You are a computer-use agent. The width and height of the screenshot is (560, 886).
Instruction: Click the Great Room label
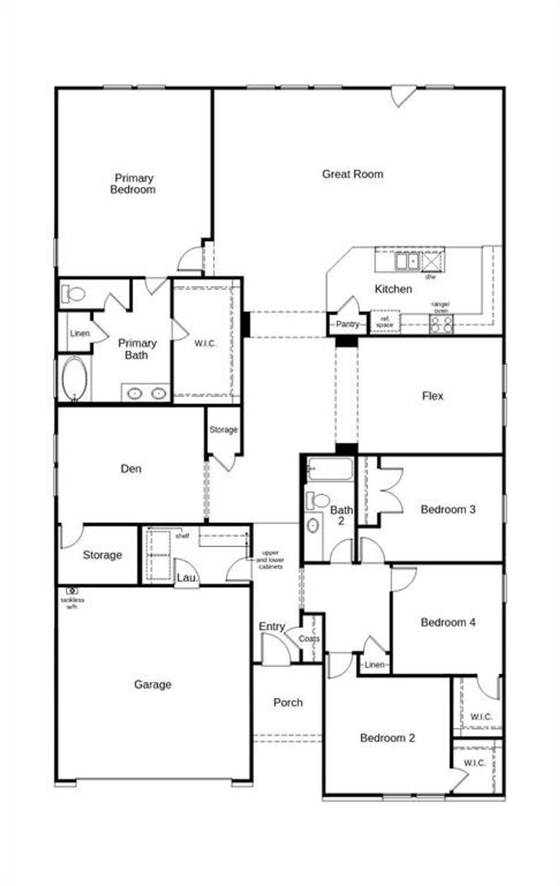click(x=352, y=174)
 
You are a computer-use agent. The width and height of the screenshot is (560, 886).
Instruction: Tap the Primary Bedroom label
click(x=133, y=184)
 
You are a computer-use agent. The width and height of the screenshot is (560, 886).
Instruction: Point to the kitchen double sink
click(x=407, y=261)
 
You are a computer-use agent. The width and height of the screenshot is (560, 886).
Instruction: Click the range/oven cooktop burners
click(x=441, y=325)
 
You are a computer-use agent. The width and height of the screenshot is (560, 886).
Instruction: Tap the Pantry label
click(x=347, y=325)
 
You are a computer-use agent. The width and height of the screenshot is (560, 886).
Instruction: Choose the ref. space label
click(x=385, y=322)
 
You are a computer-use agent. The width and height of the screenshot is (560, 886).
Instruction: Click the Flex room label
click(x=432, y=396)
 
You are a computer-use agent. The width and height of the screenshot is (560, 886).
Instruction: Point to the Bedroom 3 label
click(x=448, y=509)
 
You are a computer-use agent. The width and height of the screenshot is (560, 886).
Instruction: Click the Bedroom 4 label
click(x=448, y=622)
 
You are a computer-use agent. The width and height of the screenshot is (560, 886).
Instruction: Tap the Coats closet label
click(x=309, y=639)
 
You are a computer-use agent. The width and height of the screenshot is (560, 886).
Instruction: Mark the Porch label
click(x=288, y=702)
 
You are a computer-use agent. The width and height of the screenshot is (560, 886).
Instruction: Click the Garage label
click(x=153, y=684)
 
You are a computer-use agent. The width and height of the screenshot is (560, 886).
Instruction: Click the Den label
click(x=131, y=469)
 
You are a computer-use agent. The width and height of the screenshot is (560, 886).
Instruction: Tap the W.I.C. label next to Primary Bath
click(x=205, y=343)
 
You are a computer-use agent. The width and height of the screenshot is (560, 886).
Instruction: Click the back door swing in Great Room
click(x=402, y=95)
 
